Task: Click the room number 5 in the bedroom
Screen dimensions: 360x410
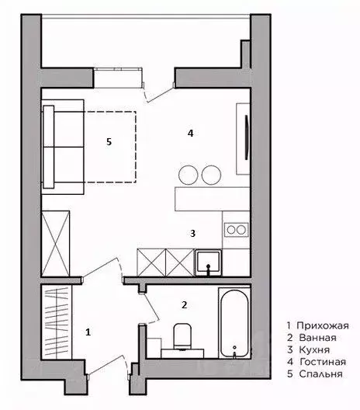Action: pos(109,142)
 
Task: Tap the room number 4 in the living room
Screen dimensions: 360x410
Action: pos(190,134)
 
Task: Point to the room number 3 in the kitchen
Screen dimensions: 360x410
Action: pos(192,233)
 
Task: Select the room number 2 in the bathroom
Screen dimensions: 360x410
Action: pos(184,305)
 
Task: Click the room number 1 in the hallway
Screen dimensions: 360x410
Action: pos(88,332)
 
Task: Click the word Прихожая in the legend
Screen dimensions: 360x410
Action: pos(323,326)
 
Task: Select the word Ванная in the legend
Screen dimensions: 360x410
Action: pos(317,338)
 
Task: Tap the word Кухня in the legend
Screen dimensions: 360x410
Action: pos(314,350)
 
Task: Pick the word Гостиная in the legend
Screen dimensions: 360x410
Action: pos(323,362)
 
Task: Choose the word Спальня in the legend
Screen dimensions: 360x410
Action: pos(320,374)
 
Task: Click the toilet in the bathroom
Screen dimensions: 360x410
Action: pos(182,336)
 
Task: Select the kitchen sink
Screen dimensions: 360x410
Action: pos(209,262)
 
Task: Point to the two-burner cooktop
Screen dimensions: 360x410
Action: pos(237,230)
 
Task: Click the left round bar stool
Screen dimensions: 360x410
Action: pos(188,175)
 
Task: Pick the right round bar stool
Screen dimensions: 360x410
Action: pos(211,175)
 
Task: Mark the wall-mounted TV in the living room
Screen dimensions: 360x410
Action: pos(246,137)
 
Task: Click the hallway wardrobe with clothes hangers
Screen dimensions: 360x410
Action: pos(57,321)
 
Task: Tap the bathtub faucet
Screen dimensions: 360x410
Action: pos(234,352)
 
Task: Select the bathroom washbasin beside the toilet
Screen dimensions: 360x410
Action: pos(182,353)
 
